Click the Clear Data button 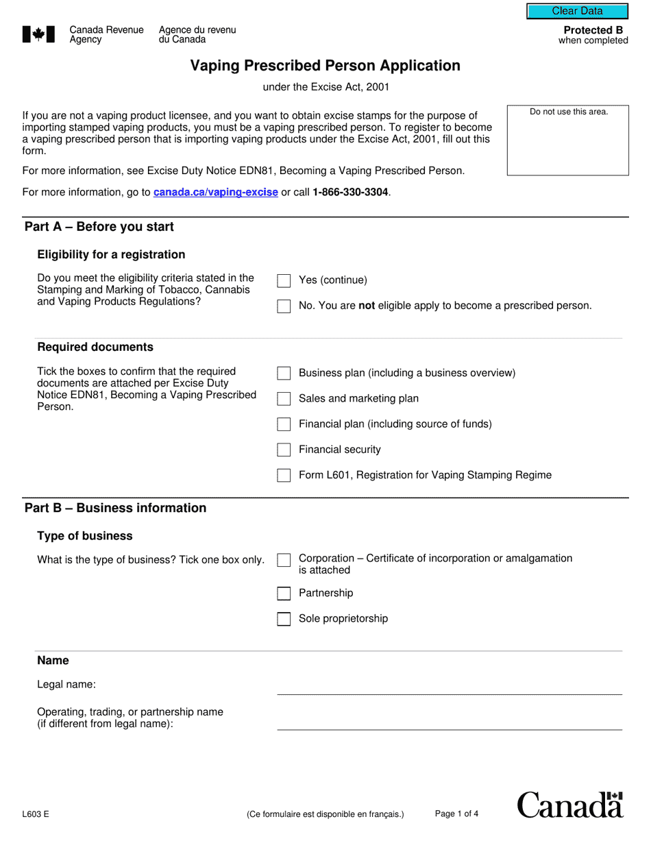(x=577, y=11)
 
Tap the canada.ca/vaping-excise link (x=216, y=193)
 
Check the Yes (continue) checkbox (x=284, y=281)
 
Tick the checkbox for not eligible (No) (x=284, y=306)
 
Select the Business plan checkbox (x=284, y=374)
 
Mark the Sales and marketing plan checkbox (x=284, y=399)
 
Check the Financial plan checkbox (x=284, y=424)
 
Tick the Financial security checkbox (x=284, y=450)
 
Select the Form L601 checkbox (x=284, y=476)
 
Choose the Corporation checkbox (x=284, y=561)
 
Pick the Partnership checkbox (x=284, y=594)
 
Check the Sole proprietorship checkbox (x=284, y=619)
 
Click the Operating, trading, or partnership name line (x=449, y=722)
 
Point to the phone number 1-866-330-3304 (x=350, y=193)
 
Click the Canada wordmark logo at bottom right (x=569, y=805)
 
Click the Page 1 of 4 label (x=456, y=814)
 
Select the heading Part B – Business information (x=115, y=508)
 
